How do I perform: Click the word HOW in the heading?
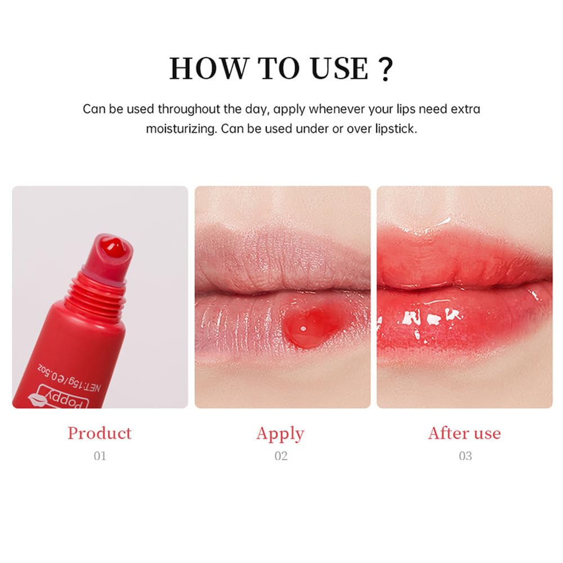pos(209,68)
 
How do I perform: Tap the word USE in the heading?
pos(339,68)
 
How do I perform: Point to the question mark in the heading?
pos(385,69)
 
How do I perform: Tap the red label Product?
pos(100,433)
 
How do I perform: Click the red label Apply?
pos(280,434)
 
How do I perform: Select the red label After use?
pos(464,433)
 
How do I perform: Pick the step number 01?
pos(100,456)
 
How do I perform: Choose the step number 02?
pos(281,456)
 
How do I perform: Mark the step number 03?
pos(466,456)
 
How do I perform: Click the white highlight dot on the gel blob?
pos(304,328)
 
